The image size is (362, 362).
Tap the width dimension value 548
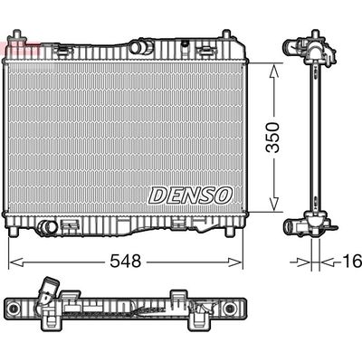(126, 262)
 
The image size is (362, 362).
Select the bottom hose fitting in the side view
(302, 226)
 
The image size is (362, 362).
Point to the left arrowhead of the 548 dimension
(12, 262)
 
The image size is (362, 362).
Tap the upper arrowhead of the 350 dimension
(274, 67)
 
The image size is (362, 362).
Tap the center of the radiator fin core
(126, 136)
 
